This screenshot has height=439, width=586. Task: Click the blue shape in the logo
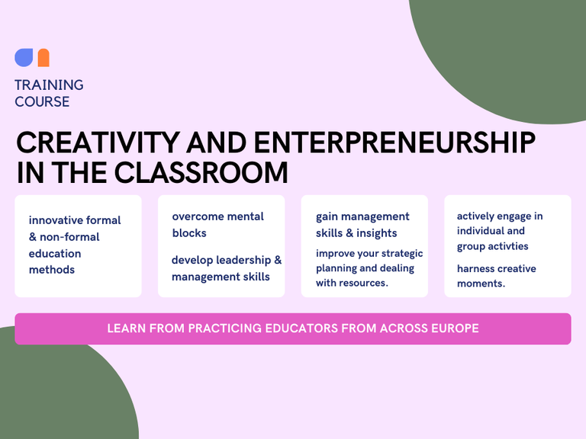click(24, 57)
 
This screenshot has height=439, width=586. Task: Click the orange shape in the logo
click(43, 57)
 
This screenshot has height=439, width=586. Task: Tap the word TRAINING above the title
click(49, 85)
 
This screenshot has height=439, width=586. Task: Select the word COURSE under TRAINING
click(42, 101)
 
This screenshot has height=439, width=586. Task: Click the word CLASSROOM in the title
click(201, 172)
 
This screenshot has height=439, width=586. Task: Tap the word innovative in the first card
click(56, 220)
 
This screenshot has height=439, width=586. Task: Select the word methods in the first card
click(52, 270)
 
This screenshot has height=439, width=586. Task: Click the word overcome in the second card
click(198, 216)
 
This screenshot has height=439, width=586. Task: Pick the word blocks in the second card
click(189, 233)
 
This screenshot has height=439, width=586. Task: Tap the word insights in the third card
click(377, 233)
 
